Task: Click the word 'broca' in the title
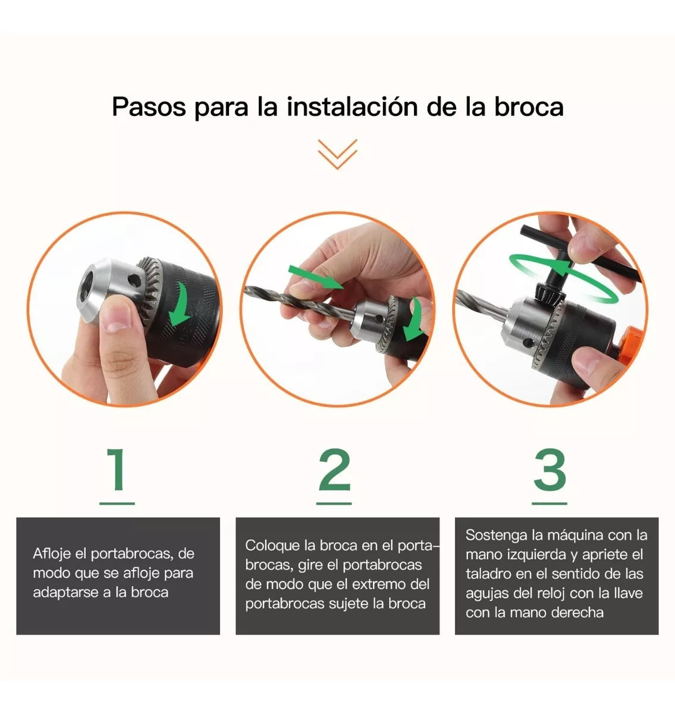528,107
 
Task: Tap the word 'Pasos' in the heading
149,107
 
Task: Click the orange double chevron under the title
337,154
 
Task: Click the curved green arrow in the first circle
180,305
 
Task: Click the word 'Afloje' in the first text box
52,554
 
